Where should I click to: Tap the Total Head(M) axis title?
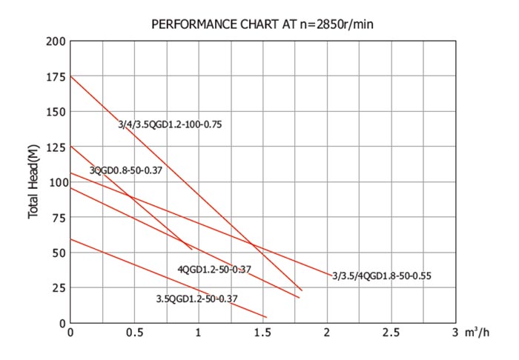click(33, 182)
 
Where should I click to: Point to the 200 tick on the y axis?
click(56, 41)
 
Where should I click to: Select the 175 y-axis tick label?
click(56, 77)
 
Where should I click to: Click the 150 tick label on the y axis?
click(56, 112)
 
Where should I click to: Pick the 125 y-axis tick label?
click(56, 147)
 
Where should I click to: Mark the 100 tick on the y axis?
click(56, 182)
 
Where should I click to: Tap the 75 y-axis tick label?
click(59, 218)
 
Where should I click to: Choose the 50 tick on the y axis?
click(59, 253)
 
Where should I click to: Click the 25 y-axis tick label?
click(59, 288)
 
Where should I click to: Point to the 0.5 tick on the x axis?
click(134, 333)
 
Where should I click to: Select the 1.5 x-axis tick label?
click(262, 333)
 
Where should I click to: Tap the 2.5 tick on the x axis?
click(391, 333)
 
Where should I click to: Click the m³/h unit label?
click(477, 333)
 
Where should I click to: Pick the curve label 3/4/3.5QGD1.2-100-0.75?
click(170, 124)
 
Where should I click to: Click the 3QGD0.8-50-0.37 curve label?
click(125, 170)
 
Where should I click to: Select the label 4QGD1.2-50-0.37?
click(214, 269)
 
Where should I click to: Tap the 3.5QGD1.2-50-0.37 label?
click(196, 299)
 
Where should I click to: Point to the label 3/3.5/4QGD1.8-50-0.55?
click(381, 276)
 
